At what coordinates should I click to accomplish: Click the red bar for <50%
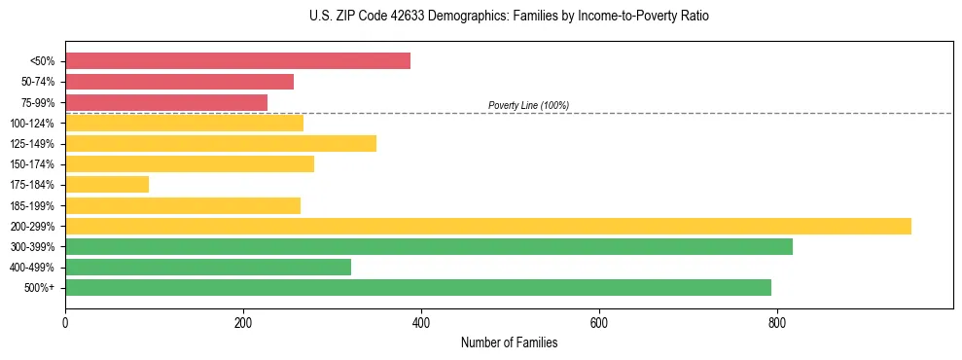pyautogui.click(x=237, y=61)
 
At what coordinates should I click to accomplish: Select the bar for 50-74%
pyautogui.click(x=179, y=82)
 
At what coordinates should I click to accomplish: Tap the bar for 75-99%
pyautogui.click(x=166, y=102)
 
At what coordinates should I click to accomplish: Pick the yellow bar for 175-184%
pyautogui.click(x=107, y=184)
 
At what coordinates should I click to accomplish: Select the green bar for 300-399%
pyautogui.click(x=429, y=246)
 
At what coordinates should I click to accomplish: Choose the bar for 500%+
pyautogui.click(x=418, y=287)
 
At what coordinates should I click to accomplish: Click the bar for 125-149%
pyautogui.click(x=221, y=143)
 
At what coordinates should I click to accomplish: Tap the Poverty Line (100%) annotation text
pyautogui.click(x=528, y=105)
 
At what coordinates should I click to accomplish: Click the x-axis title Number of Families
pyautogui.click(x=509, y=342)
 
